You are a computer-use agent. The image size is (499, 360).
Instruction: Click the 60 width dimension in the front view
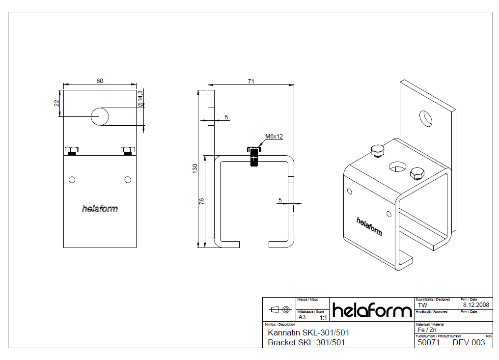click(100, 81)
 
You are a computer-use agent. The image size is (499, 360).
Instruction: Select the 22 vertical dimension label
click(56, 103)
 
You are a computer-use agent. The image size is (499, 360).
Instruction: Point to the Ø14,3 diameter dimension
click(140, 98)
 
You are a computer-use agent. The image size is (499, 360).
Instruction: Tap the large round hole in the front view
click(100, 116)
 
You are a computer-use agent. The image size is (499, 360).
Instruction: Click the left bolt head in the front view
click(72, 150)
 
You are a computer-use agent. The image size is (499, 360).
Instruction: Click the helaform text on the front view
click(100, 209)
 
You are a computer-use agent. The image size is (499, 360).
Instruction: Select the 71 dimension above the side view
click(250, 82)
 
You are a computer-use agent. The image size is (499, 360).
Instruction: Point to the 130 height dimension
click(195, 168)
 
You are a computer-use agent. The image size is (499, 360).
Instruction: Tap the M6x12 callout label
click(274, 137)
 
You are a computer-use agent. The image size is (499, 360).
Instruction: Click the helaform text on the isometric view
click(369, 226)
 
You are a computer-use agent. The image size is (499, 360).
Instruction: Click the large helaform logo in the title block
click(372, 310)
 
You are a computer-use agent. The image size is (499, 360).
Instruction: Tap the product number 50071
click(428, 342)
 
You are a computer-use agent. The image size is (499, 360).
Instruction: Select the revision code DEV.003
click(469, 342)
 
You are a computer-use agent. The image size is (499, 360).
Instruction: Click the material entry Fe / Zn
click(426, 330)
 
